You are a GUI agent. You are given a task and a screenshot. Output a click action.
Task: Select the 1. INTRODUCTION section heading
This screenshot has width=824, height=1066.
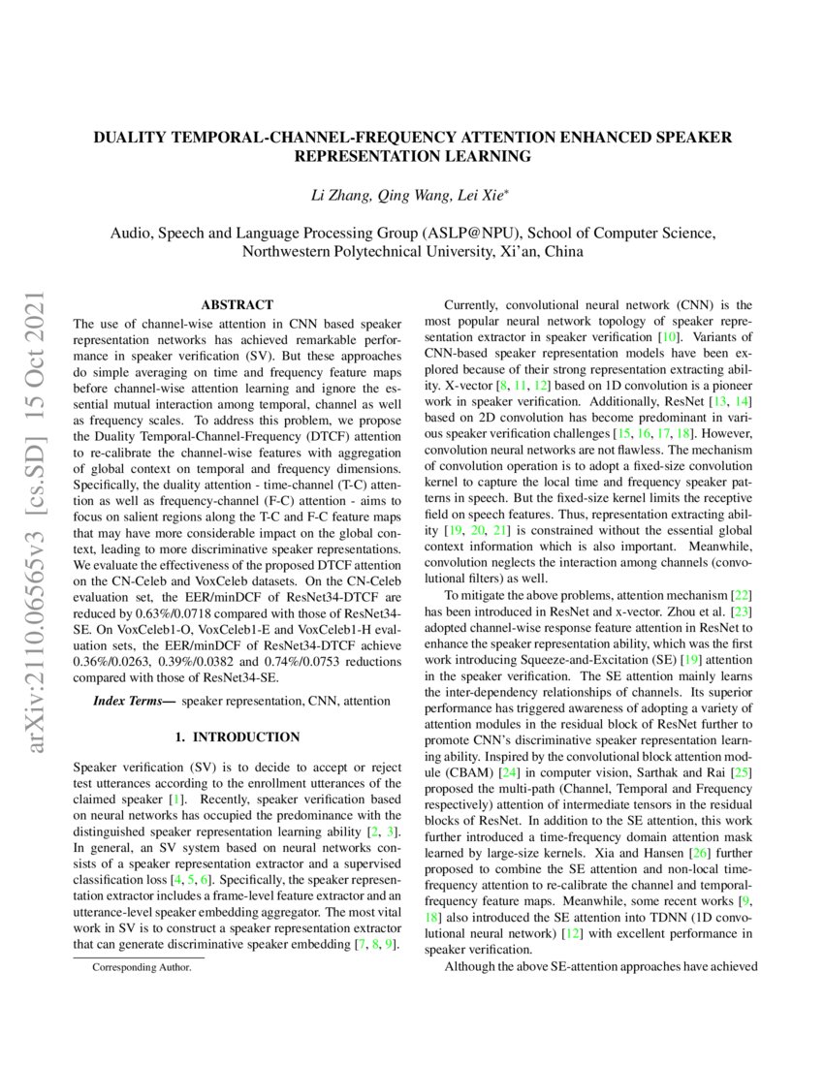(x=237, y=737)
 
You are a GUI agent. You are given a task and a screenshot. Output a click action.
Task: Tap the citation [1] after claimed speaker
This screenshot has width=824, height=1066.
(x=176, y=799)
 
